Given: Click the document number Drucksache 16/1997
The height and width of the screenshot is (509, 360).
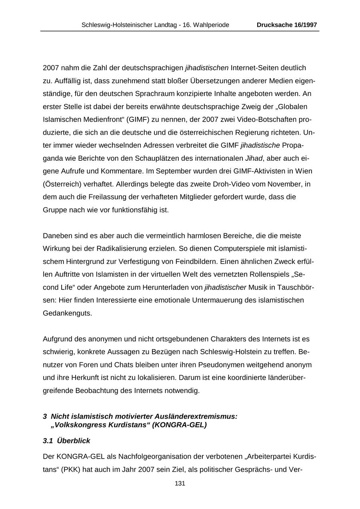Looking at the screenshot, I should (x=287, y=25).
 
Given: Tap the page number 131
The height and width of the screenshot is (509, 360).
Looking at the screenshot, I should (x=180, y=483).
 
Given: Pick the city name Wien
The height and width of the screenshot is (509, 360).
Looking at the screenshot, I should (x=304, y=171).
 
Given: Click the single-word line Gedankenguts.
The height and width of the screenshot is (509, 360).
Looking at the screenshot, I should (x=62, y=313).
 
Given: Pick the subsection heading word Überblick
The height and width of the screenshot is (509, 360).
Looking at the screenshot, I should (x=74, y=441).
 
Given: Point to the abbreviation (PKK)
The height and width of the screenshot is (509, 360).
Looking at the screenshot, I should (x=70, y=469).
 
